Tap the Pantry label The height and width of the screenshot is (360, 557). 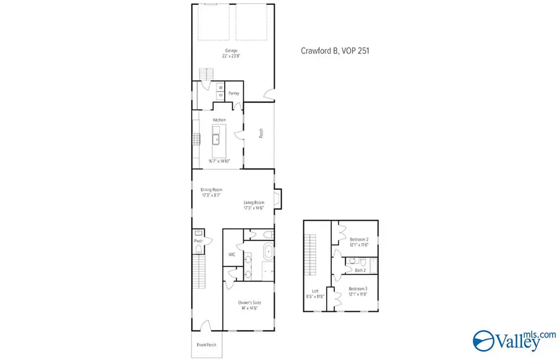pyautogui.click(x=233, y=93)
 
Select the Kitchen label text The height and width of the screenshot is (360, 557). pyautogui.click(x=219, y=120)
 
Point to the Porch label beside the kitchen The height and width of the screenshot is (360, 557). pyautogui.click(x=261, y=132)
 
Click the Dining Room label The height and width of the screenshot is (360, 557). pyautogui.click(x=211, y=189)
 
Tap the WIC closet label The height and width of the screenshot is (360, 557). pyautogui.click(x=231, y=254)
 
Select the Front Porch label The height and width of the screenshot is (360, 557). pyautogui.click(x=207, y=345)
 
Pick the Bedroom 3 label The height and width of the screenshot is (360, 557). pyautogui.click(x=358, y=289)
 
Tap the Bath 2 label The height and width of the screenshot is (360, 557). pyautogui.click(x=361, y=270)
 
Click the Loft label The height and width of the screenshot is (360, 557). pyautogui.click(x=316, y=291)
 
